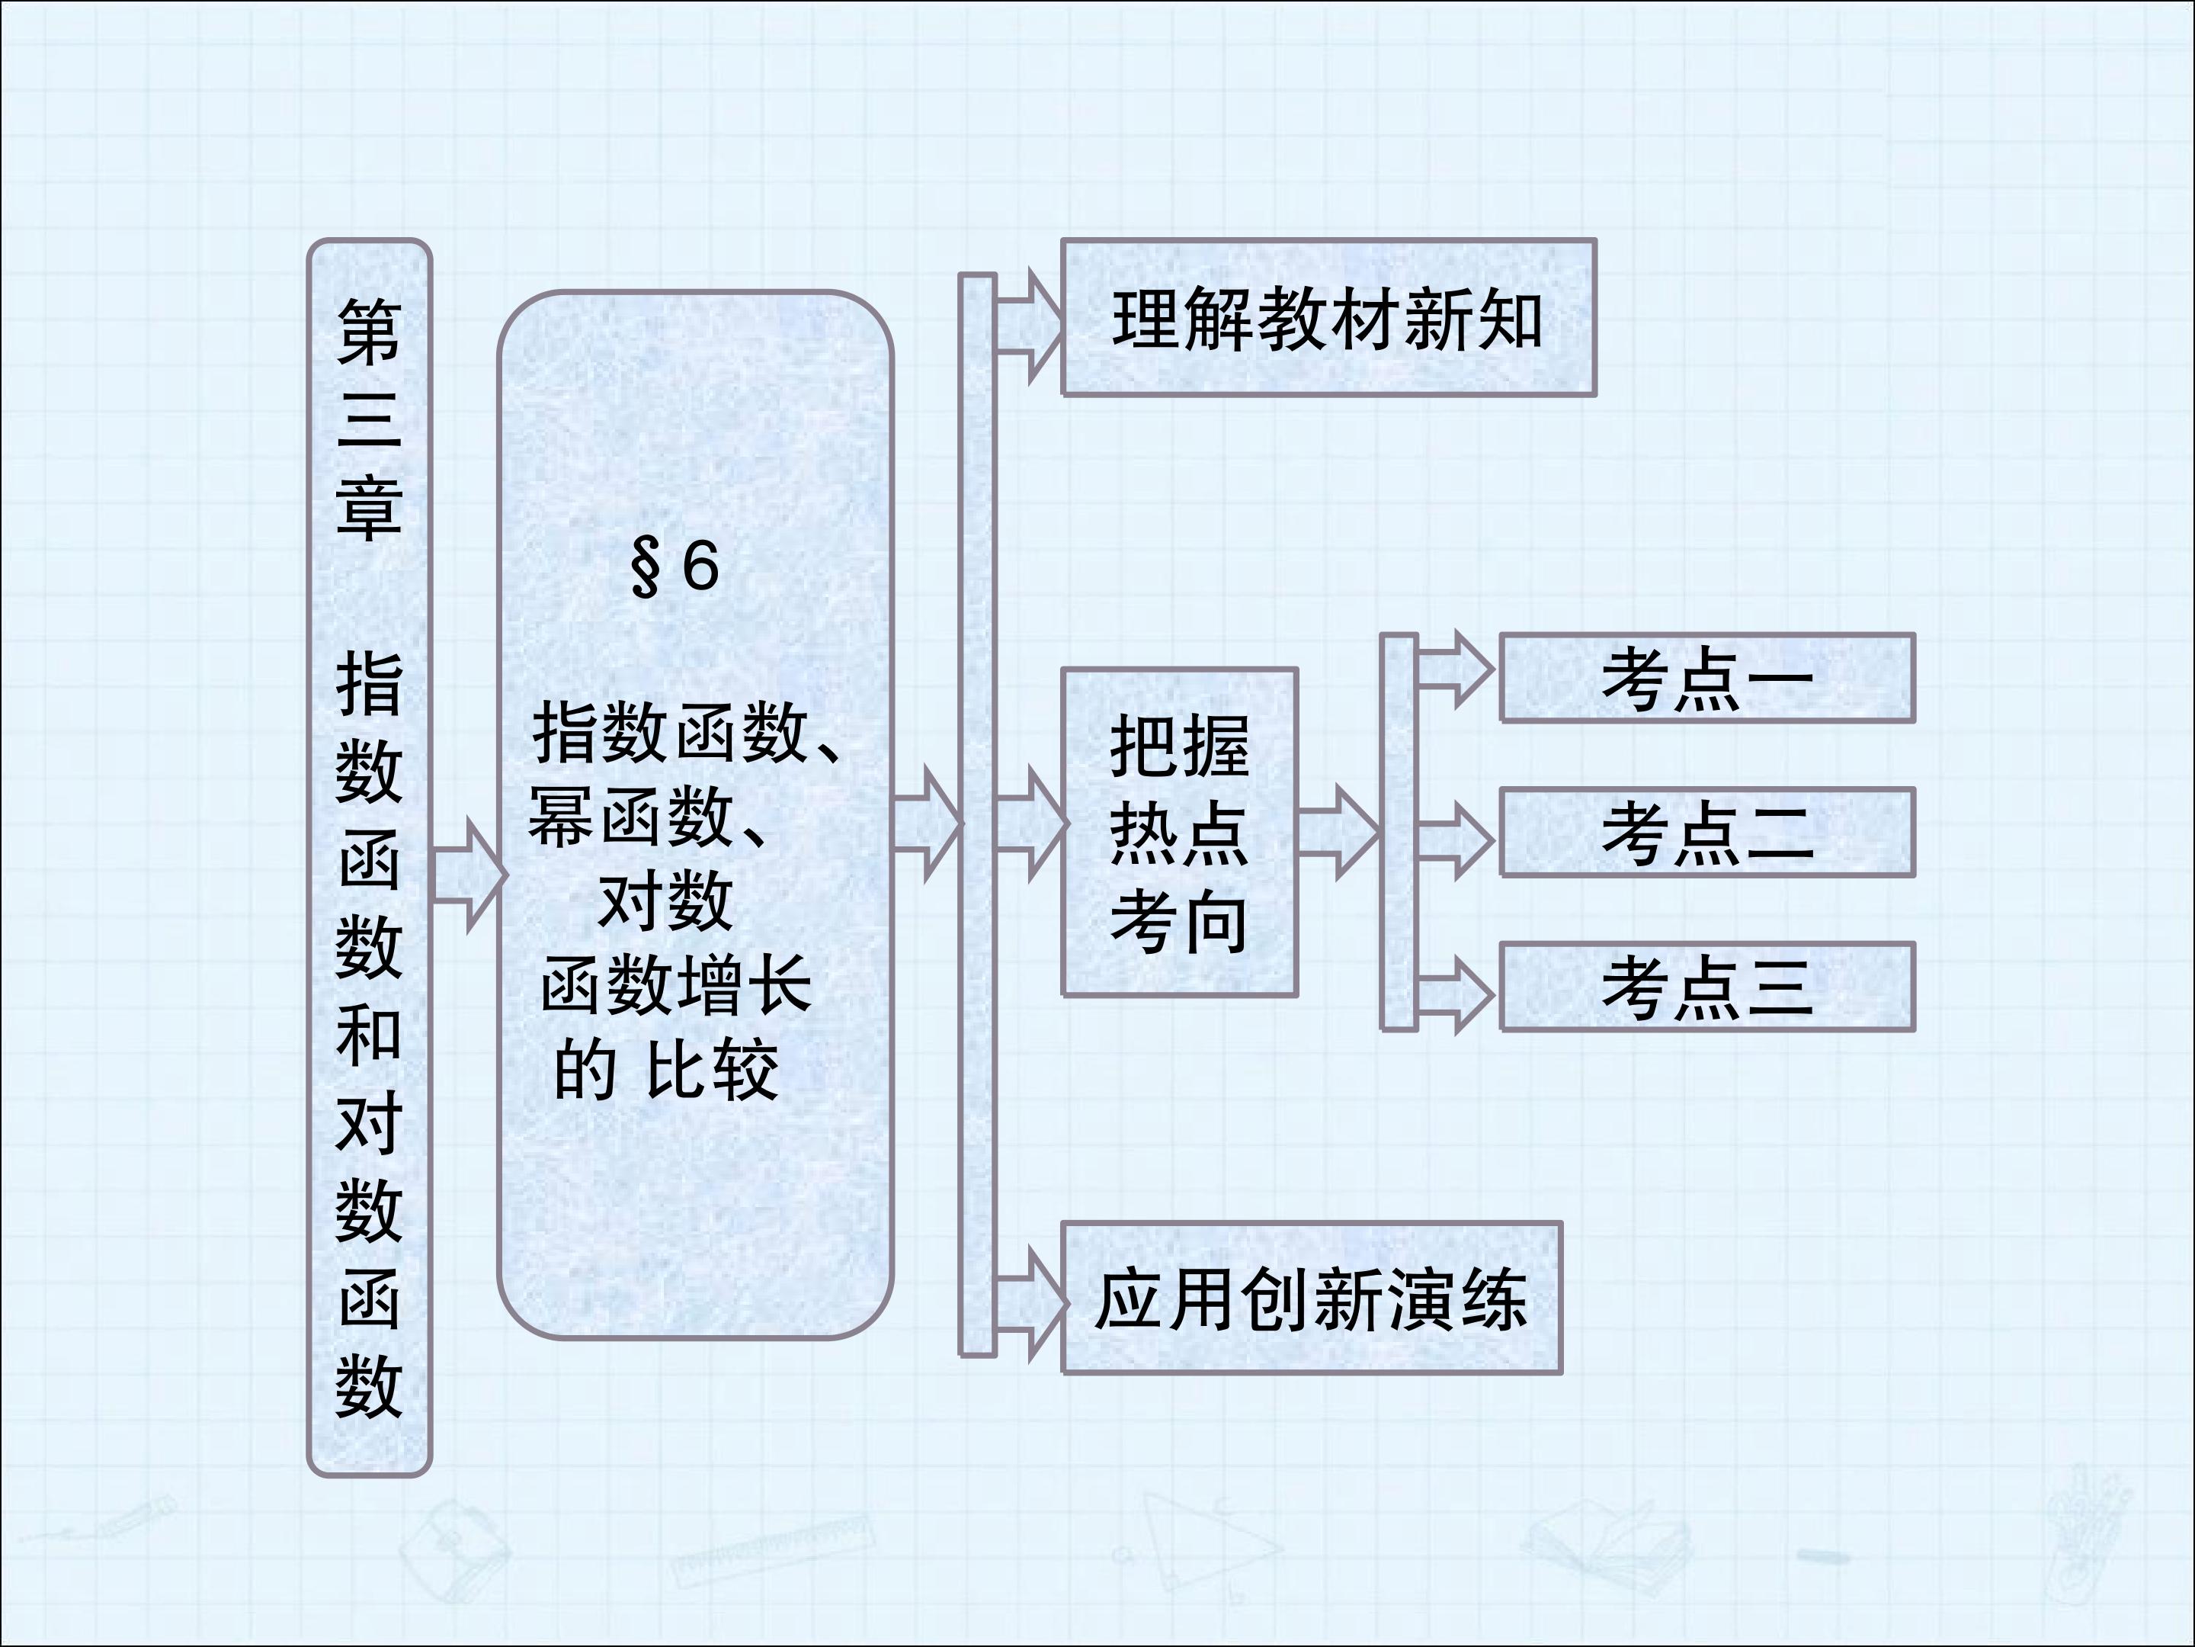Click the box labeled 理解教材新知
1328,318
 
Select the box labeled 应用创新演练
1312,1299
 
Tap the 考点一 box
1706,678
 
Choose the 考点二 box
1706,832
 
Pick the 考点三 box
1706,987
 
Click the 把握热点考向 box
1180,832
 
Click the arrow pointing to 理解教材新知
1030,325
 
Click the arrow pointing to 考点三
1455,994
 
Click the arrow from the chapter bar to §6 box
469,875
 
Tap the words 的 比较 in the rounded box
665,1071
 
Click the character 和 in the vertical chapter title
369,1035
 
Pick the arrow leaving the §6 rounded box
928,823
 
